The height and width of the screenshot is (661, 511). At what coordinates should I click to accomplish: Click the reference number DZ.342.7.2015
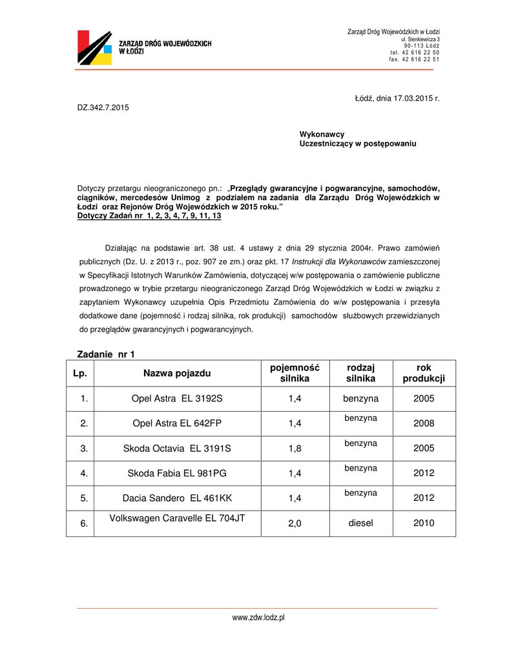pos(103,107)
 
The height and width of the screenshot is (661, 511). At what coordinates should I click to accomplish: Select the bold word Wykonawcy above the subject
pos(322,134)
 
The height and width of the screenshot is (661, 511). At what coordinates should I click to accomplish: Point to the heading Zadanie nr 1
pos(106,354)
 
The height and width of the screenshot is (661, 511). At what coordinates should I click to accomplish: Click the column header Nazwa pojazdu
pos(177,373)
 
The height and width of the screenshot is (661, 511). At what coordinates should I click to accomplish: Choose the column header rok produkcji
pos(424,373)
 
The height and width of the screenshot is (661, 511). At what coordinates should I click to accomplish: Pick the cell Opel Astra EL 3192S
pos(177,399)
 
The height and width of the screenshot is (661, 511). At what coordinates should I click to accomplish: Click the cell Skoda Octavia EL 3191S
pos(177,448)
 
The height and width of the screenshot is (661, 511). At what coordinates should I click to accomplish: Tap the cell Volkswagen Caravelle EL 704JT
pos(177,518)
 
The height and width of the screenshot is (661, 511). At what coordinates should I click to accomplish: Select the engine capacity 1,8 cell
pos(295,449)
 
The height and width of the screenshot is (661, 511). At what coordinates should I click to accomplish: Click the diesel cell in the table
pos(360,523)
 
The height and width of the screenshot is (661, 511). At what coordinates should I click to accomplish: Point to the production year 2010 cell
pos(424,523)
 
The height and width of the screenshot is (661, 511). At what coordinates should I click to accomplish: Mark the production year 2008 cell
pos(424,423)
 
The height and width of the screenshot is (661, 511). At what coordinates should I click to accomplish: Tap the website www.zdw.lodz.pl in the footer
pos(258,618)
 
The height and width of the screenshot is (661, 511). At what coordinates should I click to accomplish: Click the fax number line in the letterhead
pos(414,59)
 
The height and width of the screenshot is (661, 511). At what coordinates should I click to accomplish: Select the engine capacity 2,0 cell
pos(295,524)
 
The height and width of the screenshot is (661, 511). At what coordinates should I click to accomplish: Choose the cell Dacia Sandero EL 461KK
pos(177,498)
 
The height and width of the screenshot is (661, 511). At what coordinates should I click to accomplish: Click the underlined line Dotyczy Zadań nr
pos(149,216)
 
